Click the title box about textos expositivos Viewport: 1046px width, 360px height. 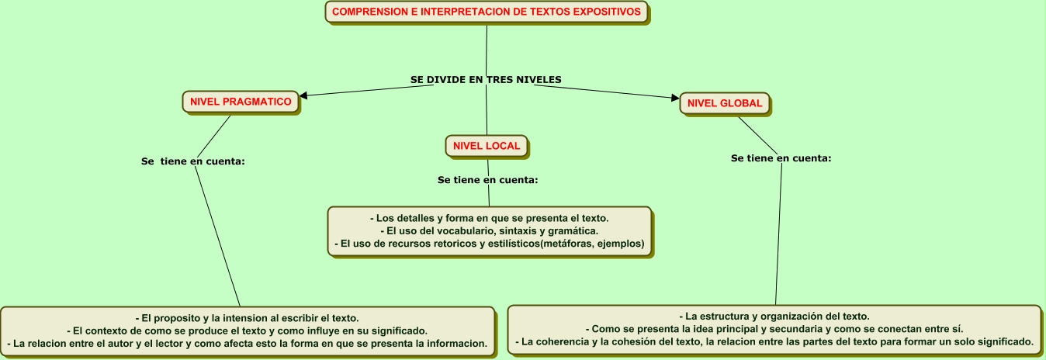point(487,12)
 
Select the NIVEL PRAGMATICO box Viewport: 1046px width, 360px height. point(241,102)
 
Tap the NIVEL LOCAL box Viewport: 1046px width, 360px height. point(487,146)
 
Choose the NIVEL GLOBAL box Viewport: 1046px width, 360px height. point(725,103)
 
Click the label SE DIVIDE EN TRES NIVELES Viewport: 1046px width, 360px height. point(486,80)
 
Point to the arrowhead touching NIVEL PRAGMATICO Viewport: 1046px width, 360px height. point(303,95)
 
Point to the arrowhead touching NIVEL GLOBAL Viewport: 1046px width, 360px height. point(675,98)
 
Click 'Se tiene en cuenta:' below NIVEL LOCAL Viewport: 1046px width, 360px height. point(487,180)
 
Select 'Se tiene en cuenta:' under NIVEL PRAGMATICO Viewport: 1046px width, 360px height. point(193,161)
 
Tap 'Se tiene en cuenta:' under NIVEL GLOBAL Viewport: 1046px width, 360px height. point(781,158)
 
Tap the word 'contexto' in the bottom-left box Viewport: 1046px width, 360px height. point(102,331)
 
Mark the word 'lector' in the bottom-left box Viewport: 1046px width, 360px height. point(168,343)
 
